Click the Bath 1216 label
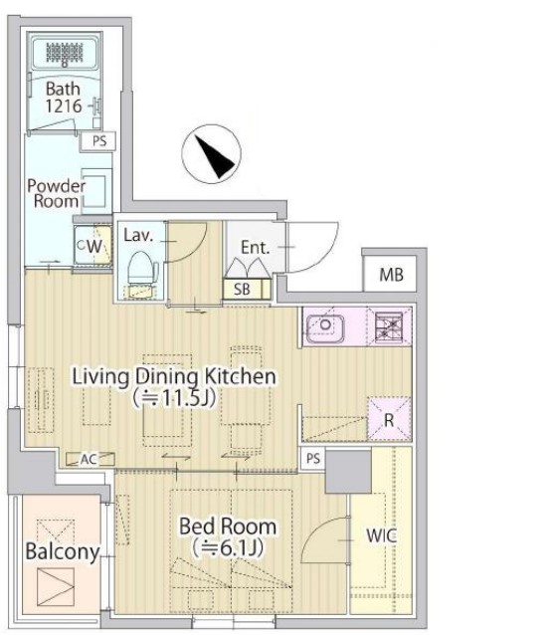pyautogui.click(x=63, y=98)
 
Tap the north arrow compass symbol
pyautogui.click(x=211, y=154)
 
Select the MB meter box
pyautogui.click(x=390, y=274)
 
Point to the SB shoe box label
pyautogui.click(x=242, y=290)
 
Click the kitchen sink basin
pyautogui.click(x=324, y=326)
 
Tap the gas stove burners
pyautogui.click(x=388, y=325)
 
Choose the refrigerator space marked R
pyautogui.click(x=389, y=419)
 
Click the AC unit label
pyautogui.click(x=89, y=459)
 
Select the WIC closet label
pyautogui.click(x=381, y=535)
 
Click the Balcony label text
pyautogui.click(x=63, y=552)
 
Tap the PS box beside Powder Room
pyautogui.click(x=98, y=141)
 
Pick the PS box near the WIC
pyautogui.click(x=313, y=458)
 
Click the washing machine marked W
pyautogui.click(x=93, y=246)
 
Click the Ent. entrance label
pyautogui.click(x=255, y=247)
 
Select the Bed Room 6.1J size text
pyautogui.click(x=228, y=548)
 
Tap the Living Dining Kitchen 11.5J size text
pyautogui.click(x=174, y=398)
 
